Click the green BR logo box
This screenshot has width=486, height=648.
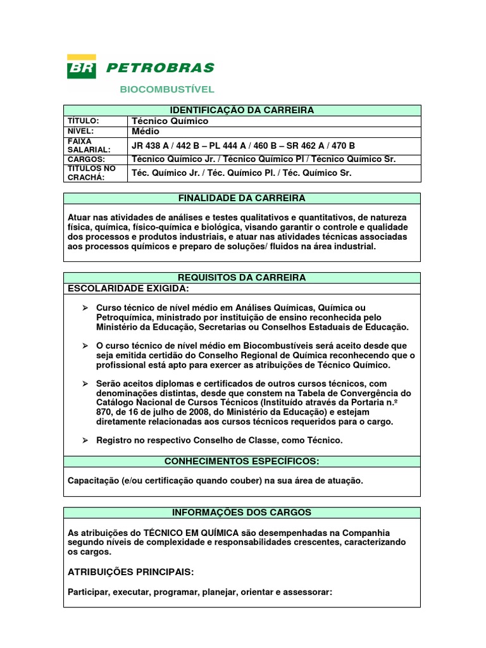click(82, 66)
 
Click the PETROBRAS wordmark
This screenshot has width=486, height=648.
click(160, 68)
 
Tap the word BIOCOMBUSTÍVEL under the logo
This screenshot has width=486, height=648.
click(167, 89)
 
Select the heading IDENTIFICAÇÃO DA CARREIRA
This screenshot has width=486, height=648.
click(242, 110)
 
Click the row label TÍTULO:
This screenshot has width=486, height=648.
click(84, 121)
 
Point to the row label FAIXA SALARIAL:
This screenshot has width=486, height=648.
click(89, 145)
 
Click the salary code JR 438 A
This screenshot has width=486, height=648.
click(151, 145)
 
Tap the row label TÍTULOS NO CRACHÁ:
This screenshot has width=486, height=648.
click(92, 173)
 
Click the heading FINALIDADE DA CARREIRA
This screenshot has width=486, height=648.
click(242, 198)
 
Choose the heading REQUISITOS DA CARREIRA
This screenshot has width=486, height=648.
click(242, 278)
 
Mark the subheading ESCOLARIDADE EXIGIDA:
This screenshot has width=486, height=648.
click(128, 289)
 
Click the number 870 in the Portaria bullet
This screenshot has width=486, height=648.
click(104, 412)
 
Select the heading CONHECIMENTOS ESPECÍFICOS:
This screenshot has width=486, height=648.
click(242, 461)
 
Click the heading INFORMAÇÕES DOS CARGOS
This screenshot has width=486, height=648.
click(242, 512)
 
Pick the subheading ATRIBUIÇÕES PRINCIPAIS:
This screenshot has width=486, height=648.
click(130, 571)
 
